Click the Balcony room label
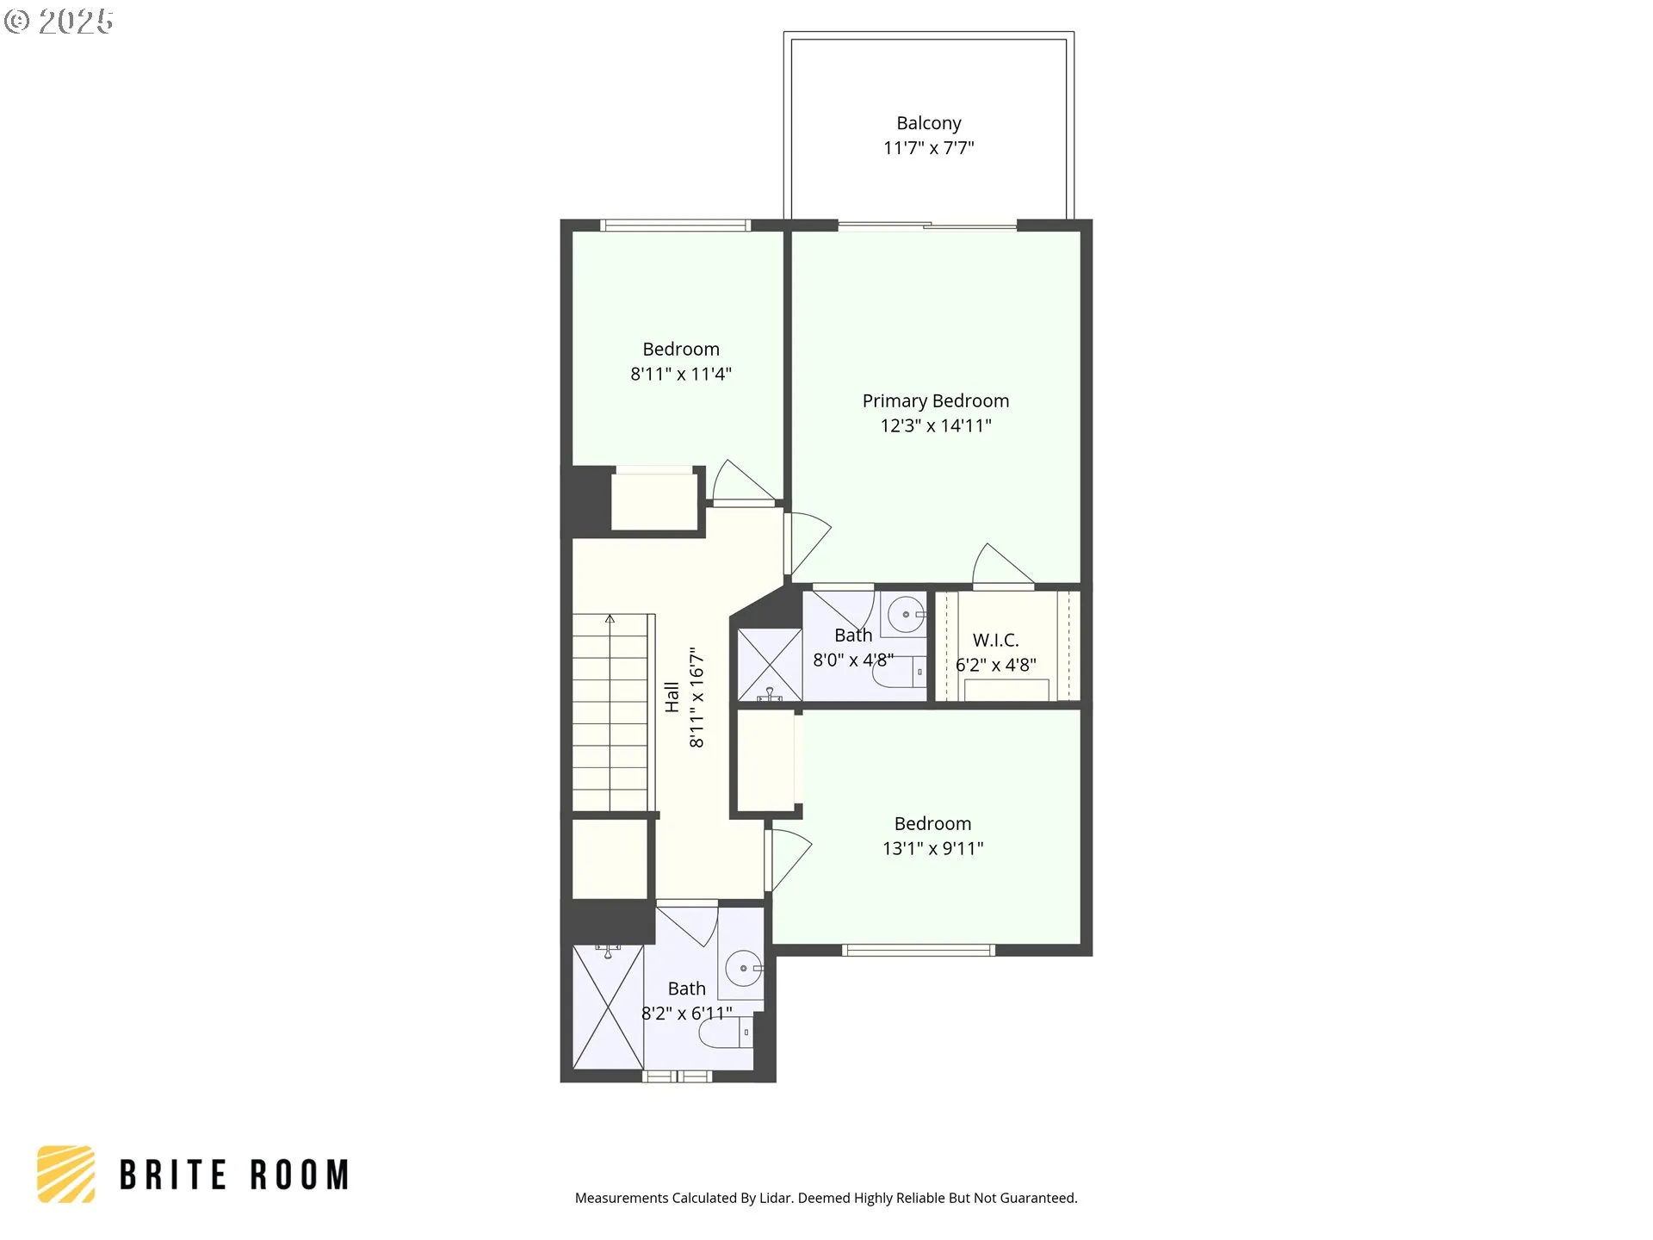click(928, 123)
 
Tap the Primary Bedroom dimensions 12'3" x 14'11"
click(935, 425)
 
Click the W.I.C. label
click(995, 640)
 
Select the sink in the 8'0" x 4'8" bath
click(906, 615)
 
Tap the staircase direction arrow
click(610, 619)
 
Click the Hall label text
click(672, 697)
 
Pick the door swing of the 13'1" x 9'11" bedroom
click(789, 859)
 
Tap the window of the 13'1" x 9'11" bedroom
click(918, 951)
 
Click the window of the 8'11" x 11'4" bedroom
click(675, 226)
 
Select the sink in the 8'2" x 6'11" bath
click(743, 969)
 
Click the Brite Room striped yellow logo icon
click(66, 1174)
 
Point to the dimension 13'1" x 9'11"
click(932, 848)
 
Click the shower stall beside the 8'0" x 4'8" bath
click(770, 664)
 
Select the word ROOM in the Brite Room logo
click(300, 1175)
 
